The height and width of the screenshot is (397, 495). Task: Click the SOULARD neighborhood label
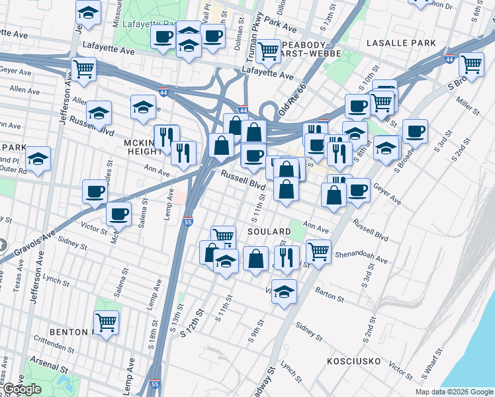[x=269, y=232]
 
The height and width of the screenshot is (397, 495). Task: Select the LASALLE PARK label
[x=402, y=43]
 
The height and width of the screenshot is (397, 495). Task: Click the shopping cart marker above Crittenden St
[x=106, y=322]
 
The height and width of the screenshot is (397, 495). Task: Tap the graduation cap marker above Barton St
[x=284, y=291]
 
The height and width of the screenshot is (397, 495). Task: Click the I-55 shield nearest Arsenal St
[x=155, y=383]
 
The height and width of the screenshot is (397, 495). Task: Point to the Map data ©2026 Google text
[x=454, y=392]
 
